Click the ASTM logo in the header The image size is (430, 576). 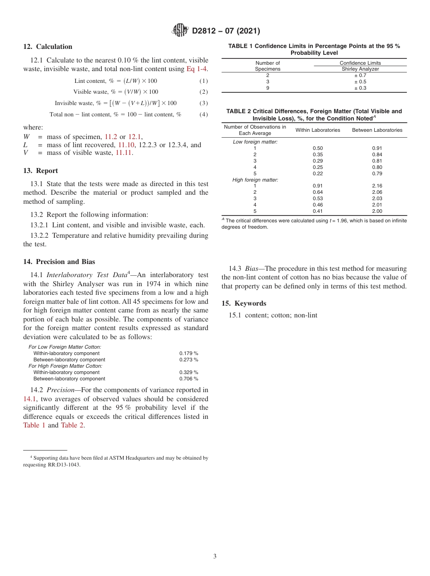[x=181, y=30]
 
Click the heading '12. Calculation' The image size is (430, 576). [x=48, y=47]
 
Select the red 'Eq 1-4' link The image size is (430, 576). [x=197, y=69]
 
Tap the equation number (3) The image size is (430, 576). [x=203, y=103]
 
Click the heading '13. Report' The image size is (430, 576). [x=40, y=171]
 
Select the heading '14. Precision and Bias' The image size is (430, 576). [x=59, y=261]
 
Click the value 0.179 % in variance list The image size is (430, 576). [x=188, y=353]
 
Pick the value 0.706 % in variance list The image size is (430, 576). [x=188, y=379]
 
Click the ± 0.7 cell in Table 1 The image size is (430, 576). [x=360, y=75]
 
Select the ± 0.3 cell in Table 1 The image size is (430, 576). [x=360, y=88]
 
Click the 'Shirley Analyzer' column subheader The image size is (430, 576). [x=360, y=69]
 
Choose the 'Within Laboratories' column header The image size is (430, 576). [x=318, y=130]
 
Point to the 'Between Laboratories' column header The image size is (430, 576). [x=377, y=130]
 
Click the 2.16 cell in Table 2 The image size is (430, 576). [x=377, y=186]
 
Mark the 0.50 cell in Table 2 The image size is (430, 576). [x=318, y=148]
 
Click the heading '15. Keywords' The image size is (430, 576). [x=244, y=303]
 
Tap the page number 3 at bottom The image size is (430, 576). [x=215, y=556]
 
